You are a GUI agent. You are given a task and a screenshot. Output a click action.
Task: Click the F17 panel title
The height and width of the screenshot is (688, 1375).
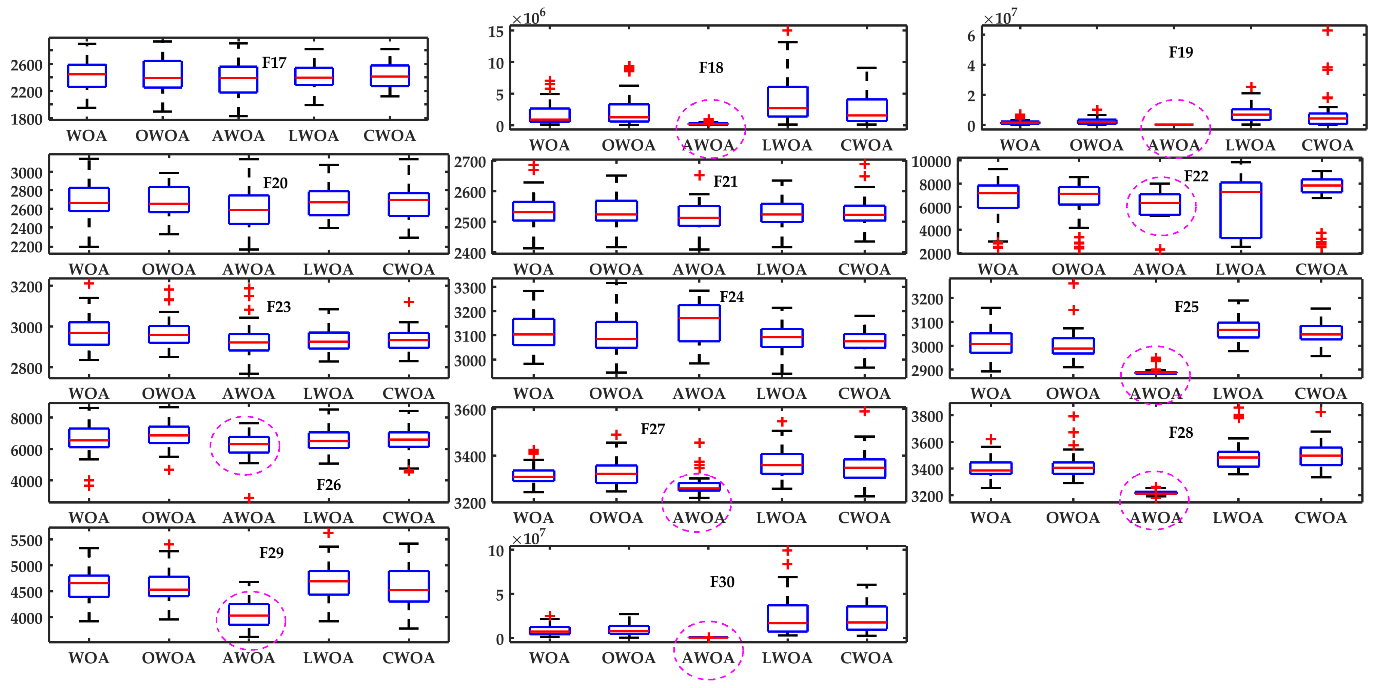(274, 63)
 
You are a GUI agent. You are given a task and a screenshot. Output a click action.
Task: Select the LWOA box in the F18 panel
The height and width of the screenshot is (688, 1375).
(787, 101)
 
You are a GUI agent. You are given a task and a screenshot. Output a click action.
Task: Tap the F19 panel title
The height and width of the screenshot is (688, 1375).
(1180, 52)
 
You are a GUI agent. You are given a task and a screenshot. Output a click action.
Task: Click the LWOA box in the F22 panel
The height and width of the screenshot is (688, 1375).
(1240, 210)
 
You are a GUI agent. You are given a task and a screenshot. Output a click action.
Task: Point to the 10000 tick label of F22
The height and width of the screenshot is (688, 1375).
(931, 162)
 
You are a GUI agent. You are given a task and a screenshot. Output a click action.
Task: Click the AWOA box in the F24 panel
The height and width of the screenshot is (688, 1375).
(699, 323)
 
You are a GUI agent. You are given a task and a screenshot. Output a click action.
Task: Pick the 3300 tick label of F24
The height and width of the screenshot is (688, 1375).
(470, 288)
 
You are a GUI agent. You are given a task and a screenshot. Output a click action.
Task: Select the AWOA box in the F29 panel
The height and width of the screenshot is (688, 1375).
(249, 614)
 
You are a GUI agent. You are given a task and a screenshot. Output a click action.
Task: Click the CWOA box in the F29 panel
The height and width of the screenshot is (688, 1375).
(409, 586)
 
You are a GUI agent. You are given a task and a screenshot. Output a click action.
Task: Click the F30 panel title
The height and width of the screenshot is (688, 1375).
(722, 582)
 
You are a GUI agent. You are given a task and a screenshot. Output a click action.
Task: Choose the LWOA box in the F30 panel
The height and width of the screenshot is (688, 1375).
(787, 618)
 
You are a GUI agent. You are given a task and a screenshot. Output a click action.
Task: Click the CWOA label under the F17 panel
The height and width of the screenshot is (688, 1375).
(390, 135)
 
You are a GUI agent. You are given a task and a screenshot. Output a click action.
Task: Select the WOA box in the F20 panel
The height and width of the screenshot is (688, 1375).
(89, 200)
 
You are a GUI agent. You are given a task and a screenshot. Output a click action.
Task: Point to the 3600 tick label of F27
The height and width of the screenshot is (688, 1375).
(470, 410)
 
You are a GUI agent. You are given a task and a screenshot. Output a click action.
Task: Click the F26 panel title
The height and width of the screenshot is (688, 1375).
(328, 485)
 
